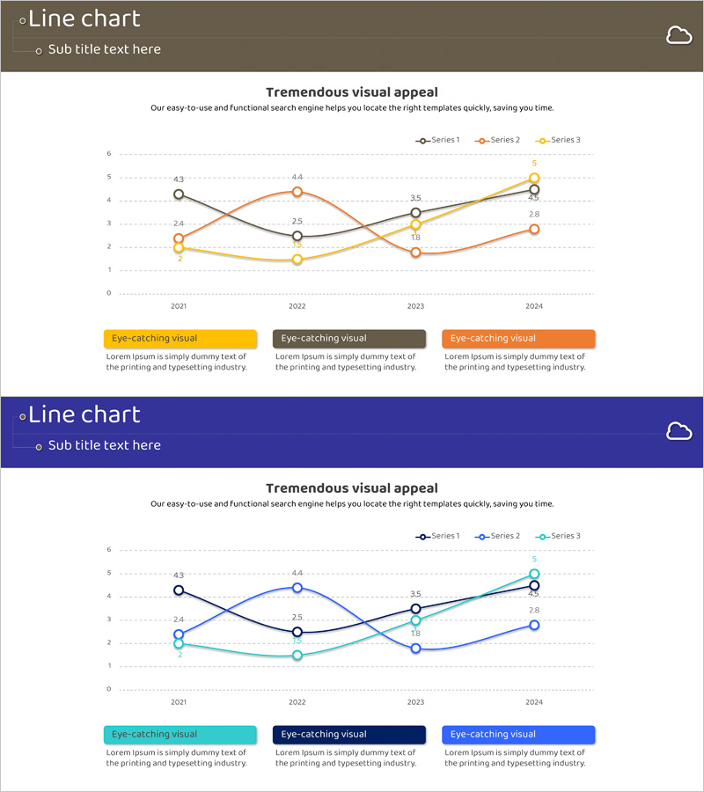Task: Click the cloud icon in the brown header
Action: [x=678, y=35]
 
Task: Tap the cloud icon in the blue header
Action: [x=678, y=431]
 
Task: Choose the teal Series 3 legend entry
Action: [x=559, y=537]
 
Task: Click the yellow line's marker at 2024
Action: [x=534, y=179]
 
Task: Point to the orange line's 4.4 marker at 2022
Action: [x=297, y=192]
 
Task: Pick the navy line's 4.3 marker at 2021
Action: [x=179, y=590]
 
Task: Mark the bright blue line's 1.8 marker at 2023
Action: [x=415, y=649]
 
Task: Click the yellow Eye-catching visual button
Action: [x=180, y=339]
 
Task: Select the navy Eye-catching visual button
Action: [x=349, y=735]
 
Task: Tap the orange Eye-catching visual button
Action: [x=518, y=339]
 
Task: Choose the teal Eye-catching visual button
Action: [x=180, y=735]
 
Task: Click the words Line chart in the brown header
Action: [x=84, y=18]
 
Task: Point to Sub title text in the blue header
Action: [x=105, y=445]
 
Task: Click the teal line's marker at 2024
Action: [x=534, y=575]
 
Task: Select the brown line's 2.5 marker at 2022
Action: [x=297, y=236]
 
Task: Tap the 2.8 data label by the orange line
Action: [x=534, y=214]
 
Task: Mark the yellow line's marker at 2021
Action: [x=179, y=248]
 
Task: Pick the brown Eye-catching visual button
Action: [x=349, y=339]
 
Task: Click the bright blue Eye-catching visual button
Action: [x=518, y=735]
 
